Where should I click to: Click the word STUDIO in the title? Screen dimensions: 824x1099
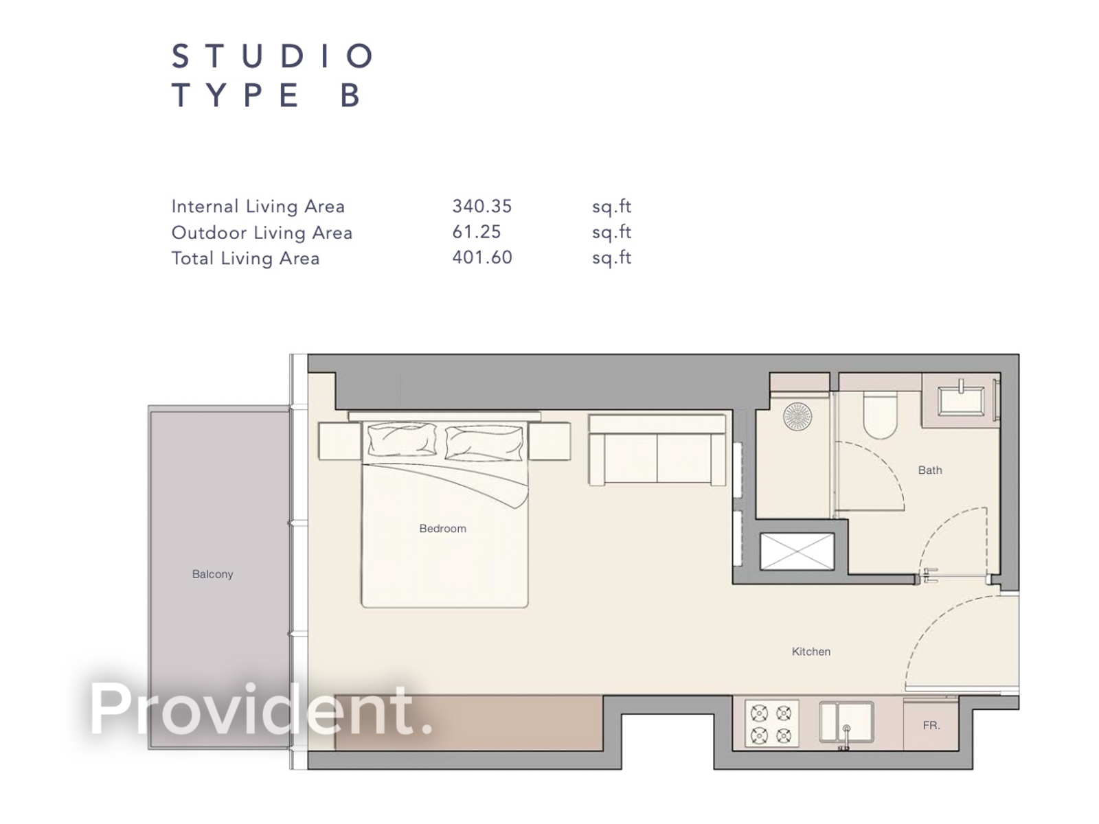tap(272, 56)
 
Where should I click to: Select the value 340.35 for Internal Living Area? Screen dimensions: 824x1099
tap(481, 206)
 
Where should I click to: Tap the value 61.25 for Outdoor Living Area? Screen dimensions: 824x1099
tap(476, 232)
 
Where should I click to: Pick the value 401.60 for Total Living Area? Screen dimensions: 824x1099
tap(481, 257)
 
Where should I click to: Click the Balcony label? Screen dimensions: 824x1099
tap(212, 574)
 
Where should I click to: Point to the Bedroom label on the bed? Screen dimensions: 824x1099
tap(442, 529)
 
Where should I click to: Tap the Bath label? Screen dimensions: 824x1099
tap(930, 470)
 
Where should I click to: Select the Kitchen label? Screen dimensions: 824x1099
tap(811, 652)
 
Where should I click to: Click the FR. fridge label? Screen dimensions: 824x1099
tap(931, 725)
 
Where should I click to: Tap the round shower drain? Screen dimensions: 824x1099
tap(797, 416)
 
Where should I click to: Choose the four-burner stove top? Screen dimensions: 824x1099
tap(771, 724)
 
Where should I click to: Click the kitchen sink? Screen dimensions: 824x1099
tap(846, 722)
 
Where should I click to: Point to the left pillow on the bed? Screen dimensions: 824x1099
tap(402, 440)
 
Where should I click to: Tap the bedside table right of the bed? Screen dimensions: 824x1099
tap(549, 441)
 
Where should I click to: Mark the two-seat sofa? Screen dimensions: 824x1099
tap(657, 450)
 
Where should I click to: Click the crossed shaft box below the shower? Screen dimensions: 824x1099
tap(797, 551)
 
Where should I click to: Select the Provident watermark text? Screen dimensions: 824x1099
tap(261, 709)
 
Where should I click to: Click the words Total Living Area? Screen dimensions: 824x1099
tap(245, 258)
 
